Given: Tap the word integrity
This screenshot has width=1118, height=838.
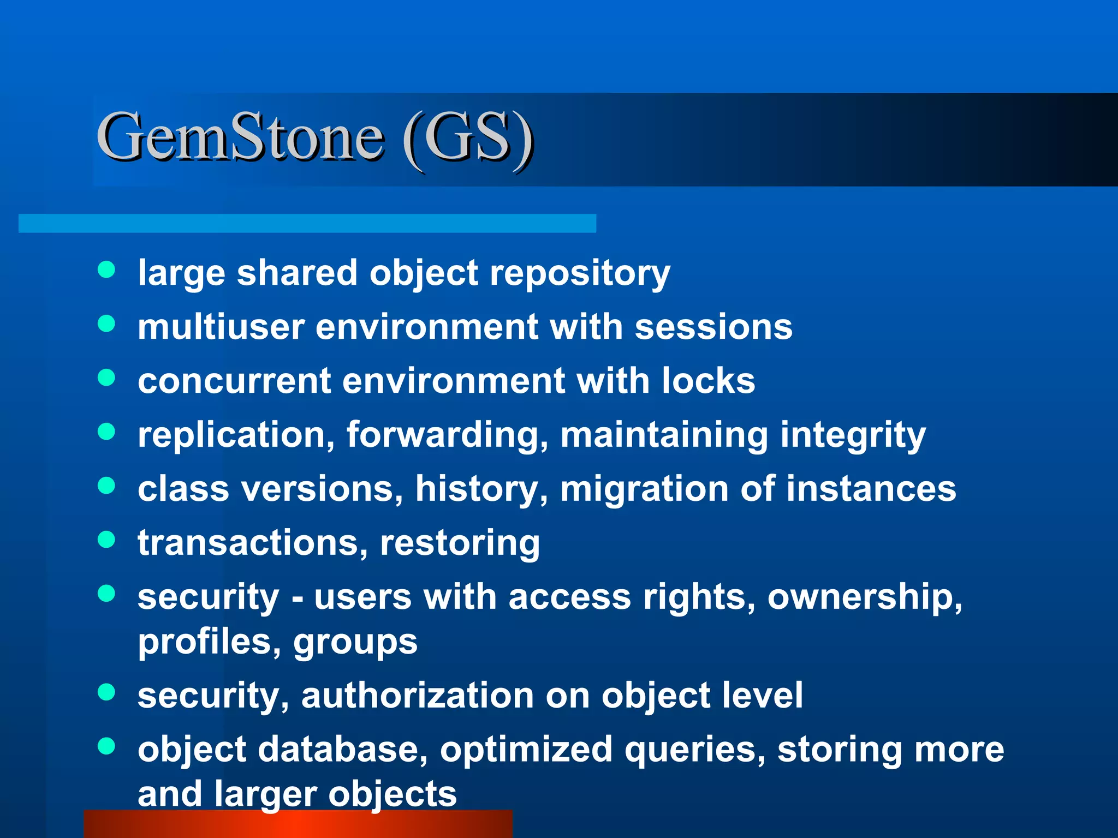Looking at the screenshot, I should click(853, 435).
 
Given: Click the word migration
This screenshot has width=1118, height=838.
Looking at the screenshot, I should click(644, 488).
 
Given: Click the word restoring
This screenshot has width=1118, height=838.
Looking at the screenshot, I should click(460, 543).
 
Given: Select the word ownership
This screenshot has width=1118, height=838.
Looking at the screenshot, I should click(865, 597).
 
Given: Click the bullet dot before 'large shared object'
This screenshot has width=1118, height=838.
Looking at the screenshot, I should click(106, 270).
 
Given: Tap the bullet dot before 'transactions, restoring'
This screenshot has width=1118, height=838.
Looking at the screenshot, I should click(106, 540).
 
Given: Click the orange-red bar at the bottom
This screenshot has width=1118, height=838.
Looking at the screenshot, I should click(298, 824).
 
